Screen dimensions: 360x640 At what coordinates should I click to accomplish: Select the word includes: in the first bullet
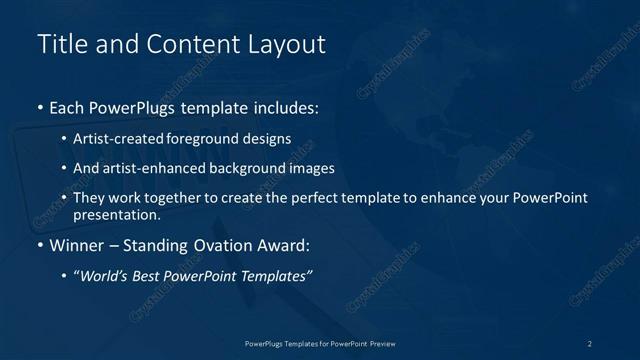point(287,107)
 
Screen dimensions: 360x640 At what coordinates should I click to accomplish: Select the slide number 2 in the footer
point(591,343)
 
